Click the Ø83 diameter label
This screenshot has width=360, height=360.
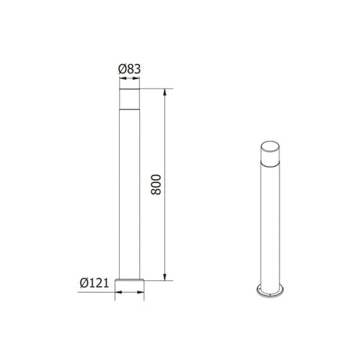point(129,69)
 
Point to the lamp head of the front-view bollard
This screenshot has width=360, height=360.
point(129,100)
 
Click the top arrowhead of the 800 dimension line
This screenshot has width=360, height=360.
point(166,93)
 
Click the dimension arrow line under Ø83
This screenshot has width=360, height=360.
point(129,81)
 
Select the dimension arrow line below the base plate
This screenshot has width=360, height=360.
point(129,293)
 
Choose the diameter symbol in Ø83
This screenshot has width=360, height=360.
point(121,69)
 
